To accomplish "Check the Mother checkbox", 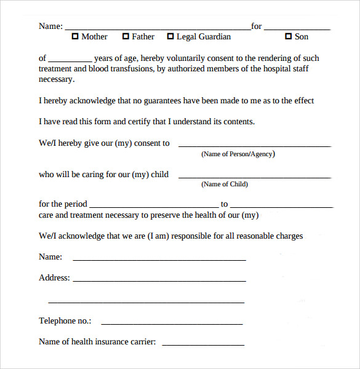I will click(x=76, y=37).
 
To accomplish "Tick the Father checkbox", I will click(x=126, y=37).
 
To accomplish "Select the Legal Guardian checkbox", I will click(x=170, y=37).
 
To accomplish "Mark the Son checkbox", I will click(x=288, y=37).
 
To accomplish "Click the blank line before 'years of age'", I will click(x=70, y=60).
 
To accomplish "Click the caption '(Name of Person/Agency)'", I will click(x=238, y=154).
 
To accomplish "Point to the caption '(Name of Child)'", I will click(x=225, y=184).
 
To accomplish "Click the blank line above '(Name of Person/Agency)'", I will click(x=254, y=145).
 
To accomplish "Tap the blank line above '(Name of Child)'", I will click(x=254, y=177).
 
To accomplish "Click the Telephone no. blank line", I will click(x=172, y=323).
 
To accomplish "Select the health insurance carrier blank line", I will click(x=202, y=344).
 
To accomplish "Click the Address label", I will click(x=54, y=278).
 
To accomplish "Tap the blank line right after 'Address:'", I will click(x=159, y=280).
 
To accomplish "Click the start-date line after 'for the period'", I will click(x=153, y=206).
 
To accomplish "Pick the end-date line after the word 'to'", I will click(x=281, y=206).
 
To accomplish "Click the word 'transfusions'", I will click(x=129, y=69).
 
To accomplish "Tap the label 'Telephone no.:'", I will click(x=65, y=321).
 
